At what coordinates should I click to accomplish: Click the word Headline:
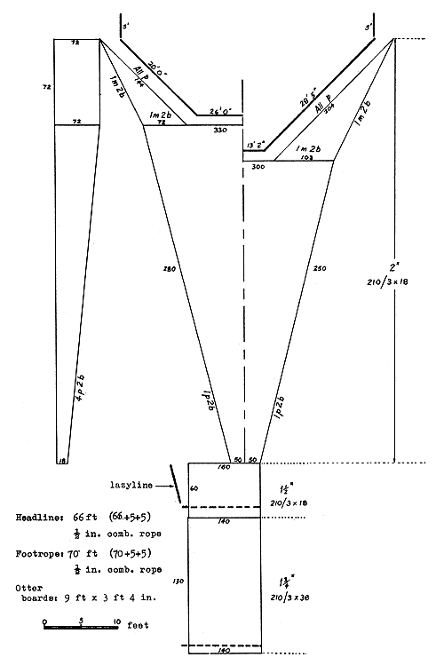click(42, 516)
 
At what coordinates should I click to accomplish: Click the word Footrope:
click(42, 551)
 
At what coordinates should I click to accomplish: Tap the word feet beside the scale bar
click(136, 625)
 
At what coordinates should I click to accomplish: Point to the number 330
click(221, 131)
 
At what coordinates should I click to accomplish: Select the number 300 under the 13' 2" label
click(258, 166)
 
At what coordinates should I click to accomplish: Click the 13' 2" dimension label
click(256, 142)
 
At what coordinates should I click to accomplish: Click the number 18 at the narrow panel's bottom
click(61, 461)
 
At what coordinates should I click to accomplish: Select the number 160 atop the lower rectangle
click(224, 467)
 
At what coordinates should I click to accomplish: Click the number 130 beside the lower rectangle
click(178, 580)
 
